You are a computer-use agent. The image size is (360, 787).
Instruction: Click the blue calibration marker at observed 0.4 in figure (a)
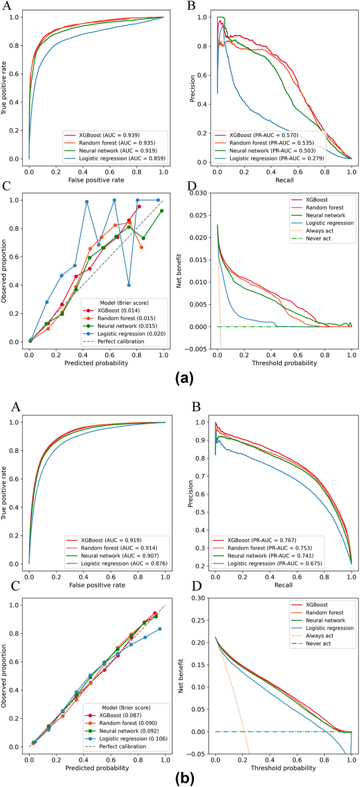coord(129,285)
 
